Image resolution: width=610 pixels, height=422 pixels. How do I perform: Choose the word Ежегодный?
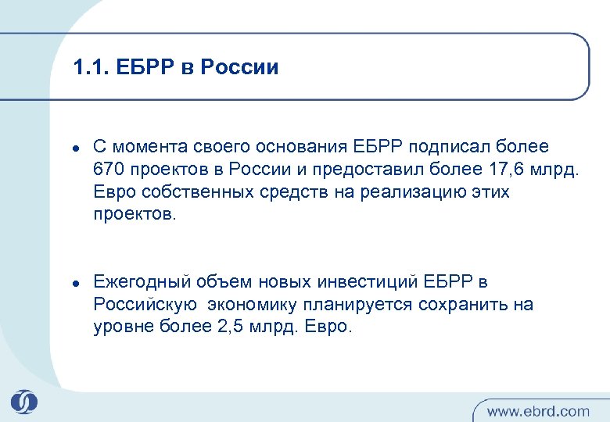138,282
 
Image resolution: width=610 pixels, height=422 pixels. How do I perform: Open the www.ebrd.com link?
538,410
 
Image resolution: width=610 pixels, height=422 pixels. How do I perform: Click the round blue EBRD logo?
24,402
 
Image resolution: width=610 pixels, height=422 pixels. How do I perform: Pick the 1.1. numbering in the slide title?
88,68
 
